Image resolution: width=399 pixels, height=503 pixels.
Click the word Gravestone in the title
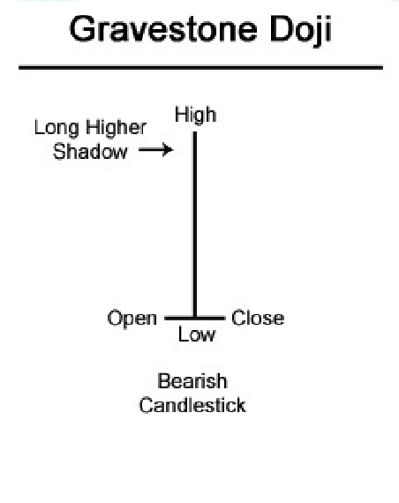pyautogui.click(x=163, y=29)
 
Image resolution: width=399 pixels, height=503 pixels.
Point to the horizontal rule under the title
pyautogui.click(x=200, y=67)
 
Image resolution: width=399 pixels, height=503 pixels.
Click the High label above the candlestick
pyautogui.click(x=195, y=115)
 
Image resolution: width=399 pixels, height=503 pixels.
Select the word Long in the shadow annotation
pyautogui.click(x=56, y=128)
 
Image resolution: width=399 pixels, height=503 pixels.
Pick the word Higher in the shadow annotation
pyautogui.click(x=117, y=128)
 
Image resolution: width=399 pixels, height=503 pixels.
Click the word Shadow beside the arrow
pyautogui.click(x=90, y=152)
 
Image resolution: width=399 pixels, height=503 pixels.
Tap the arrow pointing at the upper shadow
pyautogui.click(x=156, y=149)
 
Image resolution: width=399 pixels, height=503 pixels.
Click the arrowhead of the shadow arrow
pyautogui.click(x=169, y=149)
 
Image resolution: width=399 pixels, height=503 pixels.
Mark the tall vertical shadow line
pyautogui.click(x=194, y=224)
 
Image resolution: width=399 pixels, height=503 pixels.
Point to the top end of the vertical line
pyautogui.click(x=194, y=131)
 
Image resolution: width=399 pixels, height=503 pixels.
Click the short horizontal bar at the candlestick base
pyautogui.click(x=194, y=319)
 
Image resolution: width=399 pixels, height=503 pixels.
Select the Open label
pyautogui.click(x=132, y=319)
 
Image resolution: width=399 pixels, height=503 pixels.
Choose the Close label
pyautogui.click(x=258, y=319)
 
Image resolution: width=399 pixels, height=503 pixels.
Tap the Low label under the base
pyautogui.click(x=197, y=334)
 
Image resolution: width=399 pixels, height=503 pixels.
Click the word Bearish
pyautogui.click(x=192, y=381)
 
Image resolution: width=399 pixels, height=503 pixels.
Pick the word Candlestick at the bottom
pyautogui.click(x=192, y=405)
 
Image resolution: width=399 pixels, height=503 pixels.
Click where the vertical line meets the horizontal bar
pyautogui.click(x=194, y=319)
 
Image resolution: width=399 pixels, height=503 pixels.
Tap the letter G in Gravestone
pyautogui.click(x=81, y=29)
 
